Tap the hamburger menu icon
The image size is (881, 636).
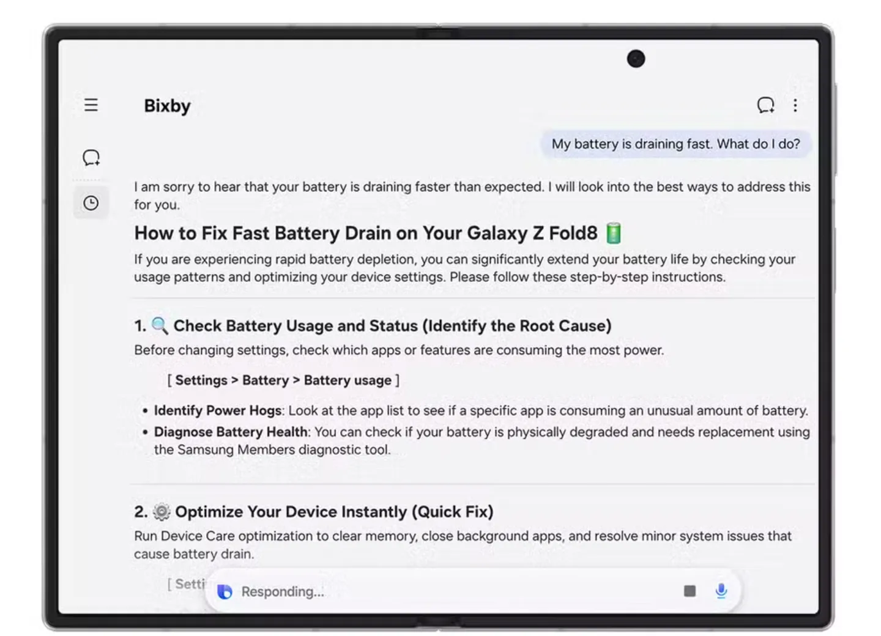click(x=91, y=105)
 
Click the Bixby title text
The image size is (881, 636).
click(x=167, y=106)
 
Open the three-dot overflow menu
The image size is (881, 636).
click(x=795, y=105)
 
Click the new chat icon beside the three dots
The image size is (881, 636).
click(x=766, y=105)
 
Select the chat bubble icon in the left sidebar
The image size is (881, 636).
click(x=91, y=158)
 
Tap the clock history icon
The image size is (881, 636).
click(x=91, y=203)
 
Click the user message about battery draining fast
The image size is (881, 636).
click(x=675, y=144)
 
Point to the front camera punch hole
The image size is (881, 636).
click(x=636, y=59)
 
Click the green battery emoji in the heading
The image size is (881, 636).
click(x=614, y=233)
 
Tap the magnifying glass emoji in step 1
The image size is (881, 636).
click(x=160, y=326)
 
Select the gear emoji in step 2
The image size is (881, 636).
click(x=162, y=512)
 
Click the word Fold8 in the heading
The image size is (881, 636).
click(x=573, y=233)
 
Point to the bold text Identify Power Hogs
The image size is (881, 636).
click(x=218, y=411)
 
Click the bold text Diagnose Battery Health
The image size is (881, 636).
click(x=231, y=432)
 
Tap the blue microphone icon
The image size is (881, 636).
click(x=721, y=591)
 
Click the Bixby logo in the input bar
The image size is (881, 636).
click(x=225, y=591)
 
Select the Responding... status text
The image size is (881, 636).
click(x=283, y=591)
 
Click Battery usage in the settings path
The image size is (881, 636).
click(x=348, y=380)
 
